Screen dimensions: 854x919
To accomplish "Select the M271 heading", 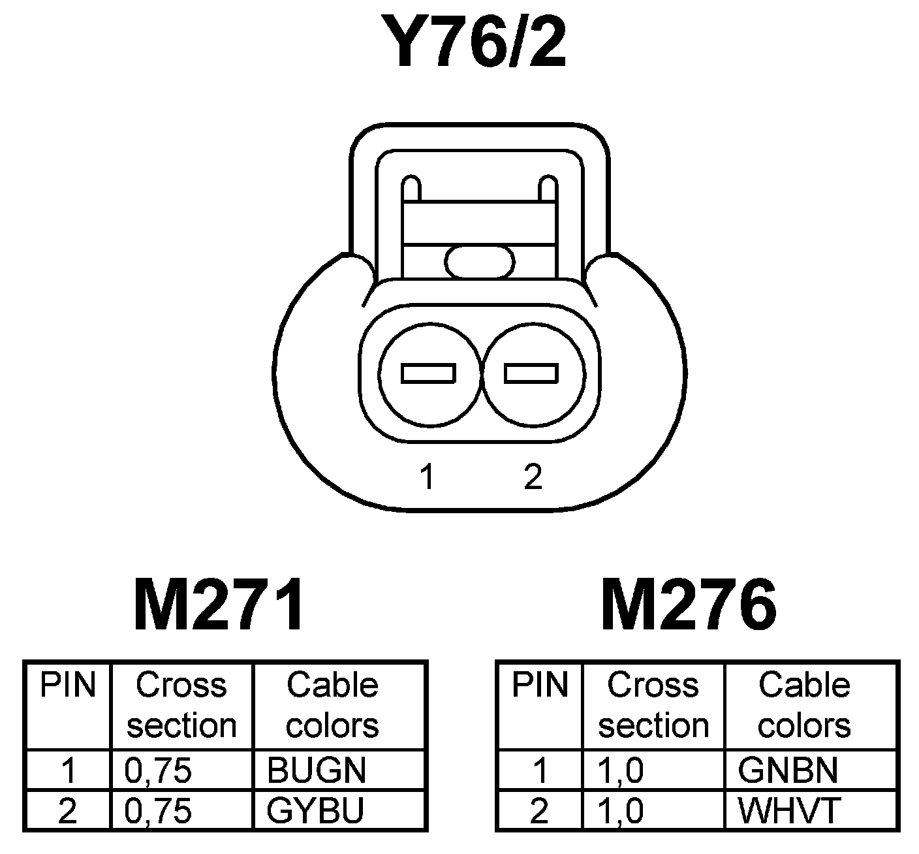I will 219,606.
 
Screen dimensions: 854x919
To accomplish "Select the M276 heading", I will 689,606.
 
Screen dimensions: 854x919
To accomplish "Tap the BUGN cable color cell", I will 317,771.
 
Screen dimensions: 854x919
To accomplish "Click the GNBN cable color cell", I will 788,771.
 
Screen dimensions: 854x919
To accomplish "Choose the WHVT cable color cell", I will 788,812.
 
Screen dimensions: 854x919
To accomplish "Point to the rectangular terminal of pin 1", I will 428,373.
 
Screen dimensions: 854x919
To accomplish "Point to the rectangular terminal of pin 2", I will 531,373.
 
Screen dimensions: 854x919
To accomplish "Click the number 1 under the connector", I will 428,477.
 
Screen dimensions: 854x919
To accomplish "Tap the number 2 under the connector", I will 533,477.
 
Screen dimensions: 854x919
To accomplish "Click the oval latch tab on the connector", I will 480,262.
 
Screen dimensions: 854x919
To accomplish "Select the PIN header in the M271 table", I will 68,686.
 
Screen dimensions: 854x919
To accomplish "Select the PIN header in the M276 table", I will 540,686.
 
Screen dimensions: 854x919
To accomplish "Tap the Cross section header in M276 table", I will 653,706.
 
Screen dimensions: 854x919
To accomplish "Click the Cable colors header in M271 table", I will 332,706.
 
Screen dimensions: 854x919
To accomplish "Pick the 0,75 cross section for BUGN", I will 158,771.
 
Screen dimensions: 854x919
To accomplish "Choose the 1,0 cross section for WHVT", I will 621,812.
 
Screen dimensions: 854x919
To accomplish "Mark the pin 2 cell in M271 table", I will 68,812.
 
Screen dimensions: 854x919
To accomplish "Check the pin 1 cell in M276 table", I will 540,771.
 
